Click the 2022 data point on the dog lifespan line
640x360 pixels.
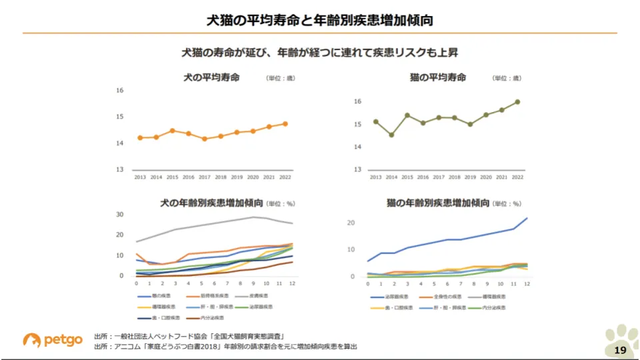285,123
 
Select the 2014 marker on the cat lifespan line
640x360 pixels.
391,135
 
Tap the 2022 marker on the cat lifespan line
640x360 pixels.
517,102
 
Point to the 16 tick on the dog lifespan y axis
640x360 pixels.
119,91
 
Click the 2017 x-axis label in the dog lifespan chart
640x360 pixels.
204,177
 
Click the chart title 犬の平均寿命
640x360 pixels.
211,78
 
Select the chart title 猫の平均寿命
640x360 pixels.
437,78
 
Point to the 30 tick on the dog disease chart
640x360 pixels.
120,215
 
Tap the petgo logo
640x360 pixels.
53,340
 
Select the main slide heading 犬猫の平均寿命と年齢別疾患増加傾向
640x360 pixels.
320,20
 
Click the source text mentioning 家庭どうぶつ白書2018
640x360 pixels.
225,347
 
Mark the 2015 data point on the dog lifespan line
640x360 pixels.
172,131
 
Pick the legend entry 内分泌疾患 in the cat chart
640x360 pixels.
493,307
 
